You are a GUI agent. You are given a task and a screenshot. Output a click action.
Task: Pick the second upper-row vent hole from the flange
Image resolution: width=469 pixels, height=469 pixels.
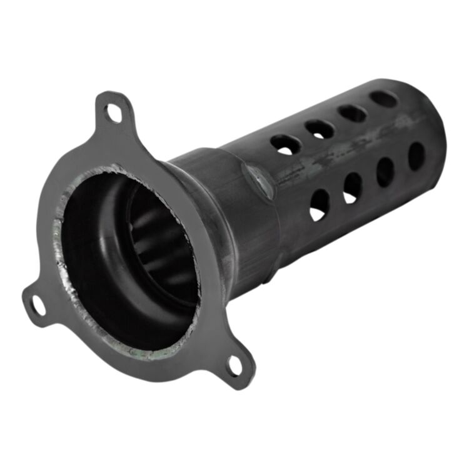(320, 129)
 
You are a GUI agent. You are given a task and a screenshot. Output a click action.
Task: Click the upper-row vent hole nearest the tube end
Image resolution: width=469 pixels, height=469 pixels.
(383, 98)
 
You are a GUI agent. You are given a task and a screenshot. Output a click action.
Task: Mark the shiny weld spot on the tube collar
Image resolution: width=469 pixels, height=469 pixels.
(258, 181)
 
